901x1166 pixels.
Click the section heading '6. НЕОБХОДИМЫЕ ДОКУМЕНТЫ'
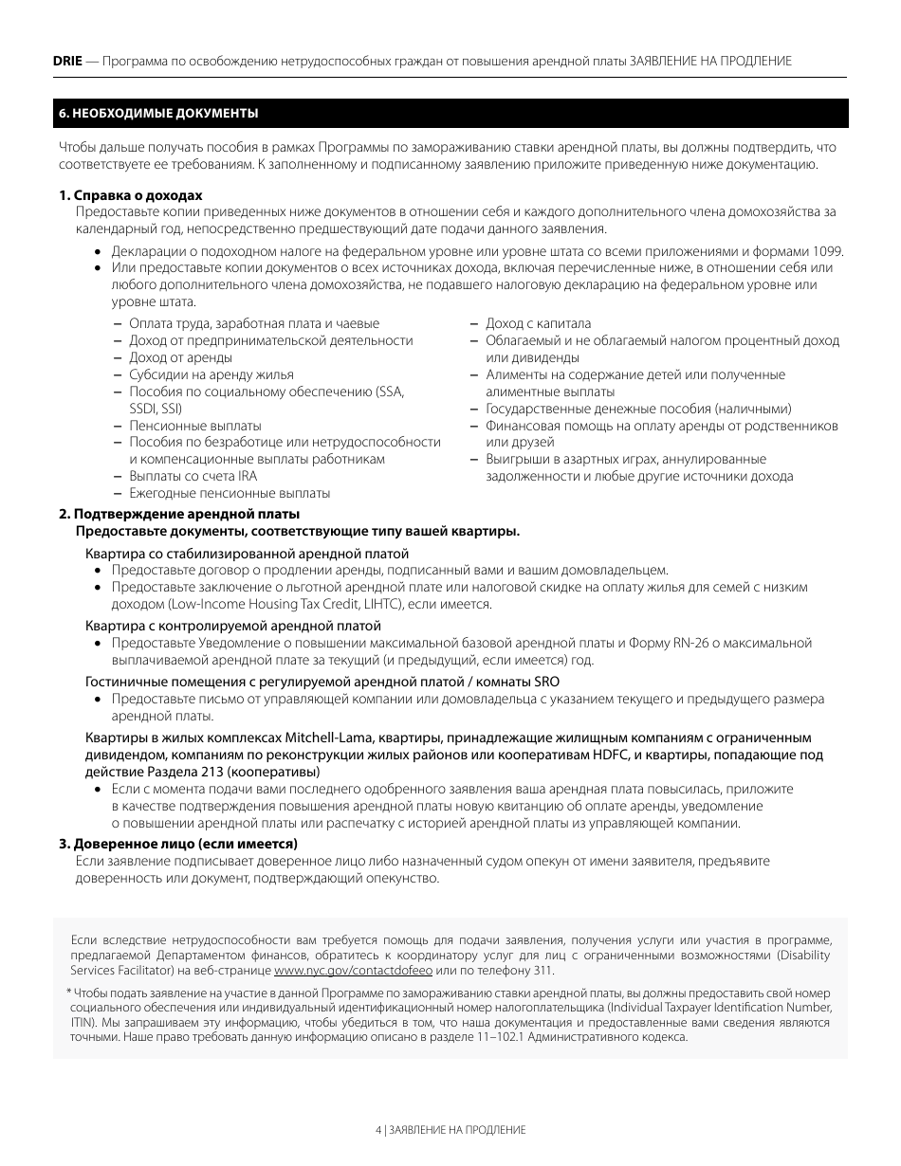coord(158,113)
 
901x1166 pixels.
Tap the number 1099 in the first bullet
coord(827,252)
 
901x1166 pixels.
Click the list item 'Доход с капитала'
coord(538,323)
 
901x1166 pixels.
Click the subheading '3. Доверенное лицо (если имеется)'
coord(178,844)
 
